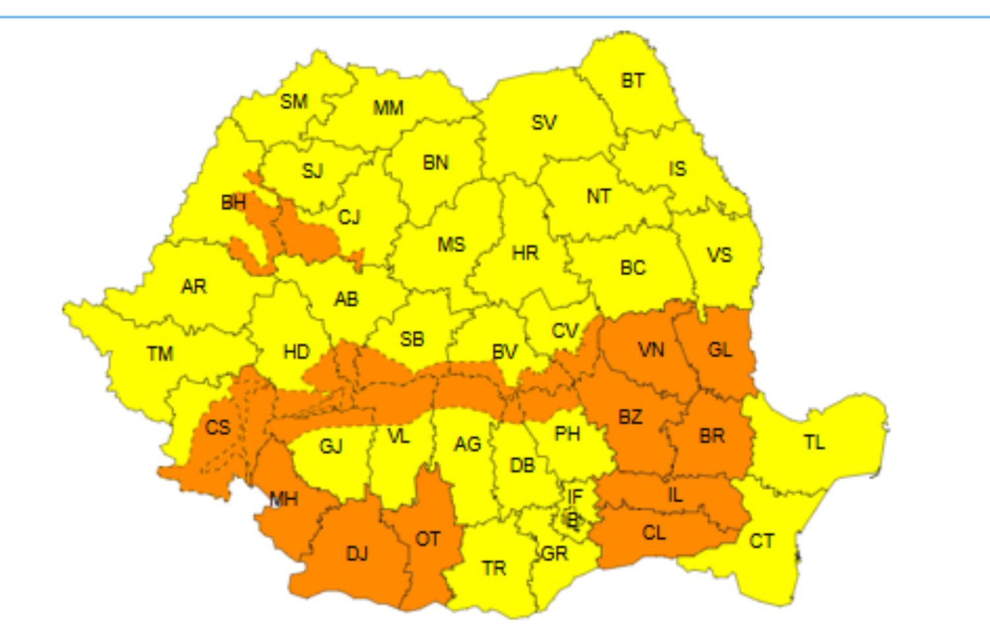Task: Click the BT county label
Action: click(x=632, y=81)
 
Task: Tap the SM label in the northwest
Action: click(x=294, y=102)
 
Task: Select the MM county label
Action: click(x=388, y=108)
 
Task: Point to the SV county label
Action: click(x=544, y=122)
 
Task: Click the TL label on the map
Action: click(x=814, y=442)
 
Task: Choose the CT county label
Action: click(x=761, y=541)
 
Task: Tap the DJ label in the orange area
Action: click(x=357, y=553)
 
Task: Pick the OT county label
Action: click(x=427, y=539)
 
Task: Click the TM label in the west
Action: click(x=160, y=354)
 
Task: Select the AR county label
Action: click(x=193, y=286)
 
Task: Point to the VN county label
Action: click(x=651, y=349)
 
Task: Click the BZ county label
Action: click(x=630, y=417)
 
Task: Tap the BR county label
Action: click(x=711, y=436)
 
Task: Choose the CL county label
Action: click(x=653, y=532)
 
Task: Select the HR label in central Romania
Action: click(x=525, y=253)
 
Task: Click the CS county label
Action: click(x=218, y=427)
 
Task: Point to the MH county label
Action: click(x=284, y=499)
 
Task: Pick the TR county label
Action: click(x=494, y=568)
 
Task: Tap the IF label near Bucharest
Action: click(x=575, y=496)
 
